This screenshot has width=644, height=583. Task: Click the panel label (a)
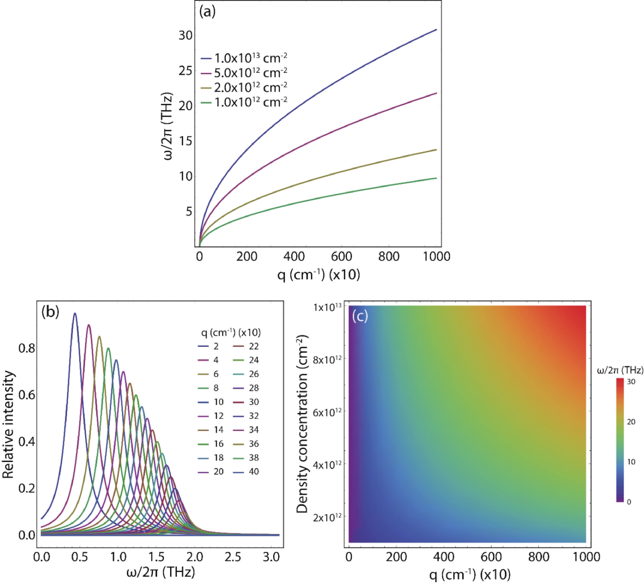207,12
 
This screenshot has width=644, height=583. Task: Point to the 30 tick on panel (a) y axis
185,36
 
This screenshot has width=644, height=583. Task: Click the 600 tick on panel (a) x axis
341,256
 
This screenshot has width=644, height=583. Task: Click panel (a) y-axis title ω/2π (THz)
168,126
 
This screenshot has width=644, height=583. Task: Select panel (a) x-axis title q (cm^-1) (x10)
318,275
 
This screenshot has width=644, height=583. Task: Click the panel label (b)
50,312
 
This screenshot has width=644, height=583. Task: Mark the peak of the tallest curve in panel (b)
75,313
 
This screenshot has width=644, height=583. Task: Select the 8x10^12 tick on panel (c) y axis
327,360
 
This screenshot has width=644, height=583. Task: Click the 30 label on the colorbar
631,382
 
